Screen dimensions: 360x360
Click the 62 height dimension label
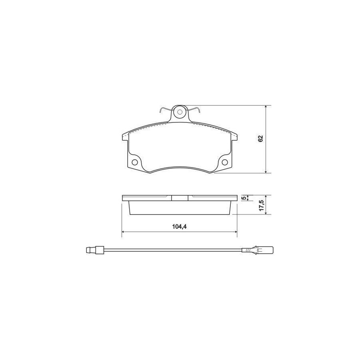coord(260,139)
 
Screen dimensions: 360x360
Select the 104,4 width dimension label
coord(179,227)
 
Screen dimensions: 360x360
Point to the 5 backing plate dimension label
coord(244,198)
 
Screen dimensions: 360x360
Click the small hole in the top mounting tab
coord(180,112)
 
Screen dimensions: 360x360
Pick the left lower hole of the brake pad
coord(135,162)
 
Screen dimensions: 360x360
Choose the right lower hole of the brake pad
coord(225,162)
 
